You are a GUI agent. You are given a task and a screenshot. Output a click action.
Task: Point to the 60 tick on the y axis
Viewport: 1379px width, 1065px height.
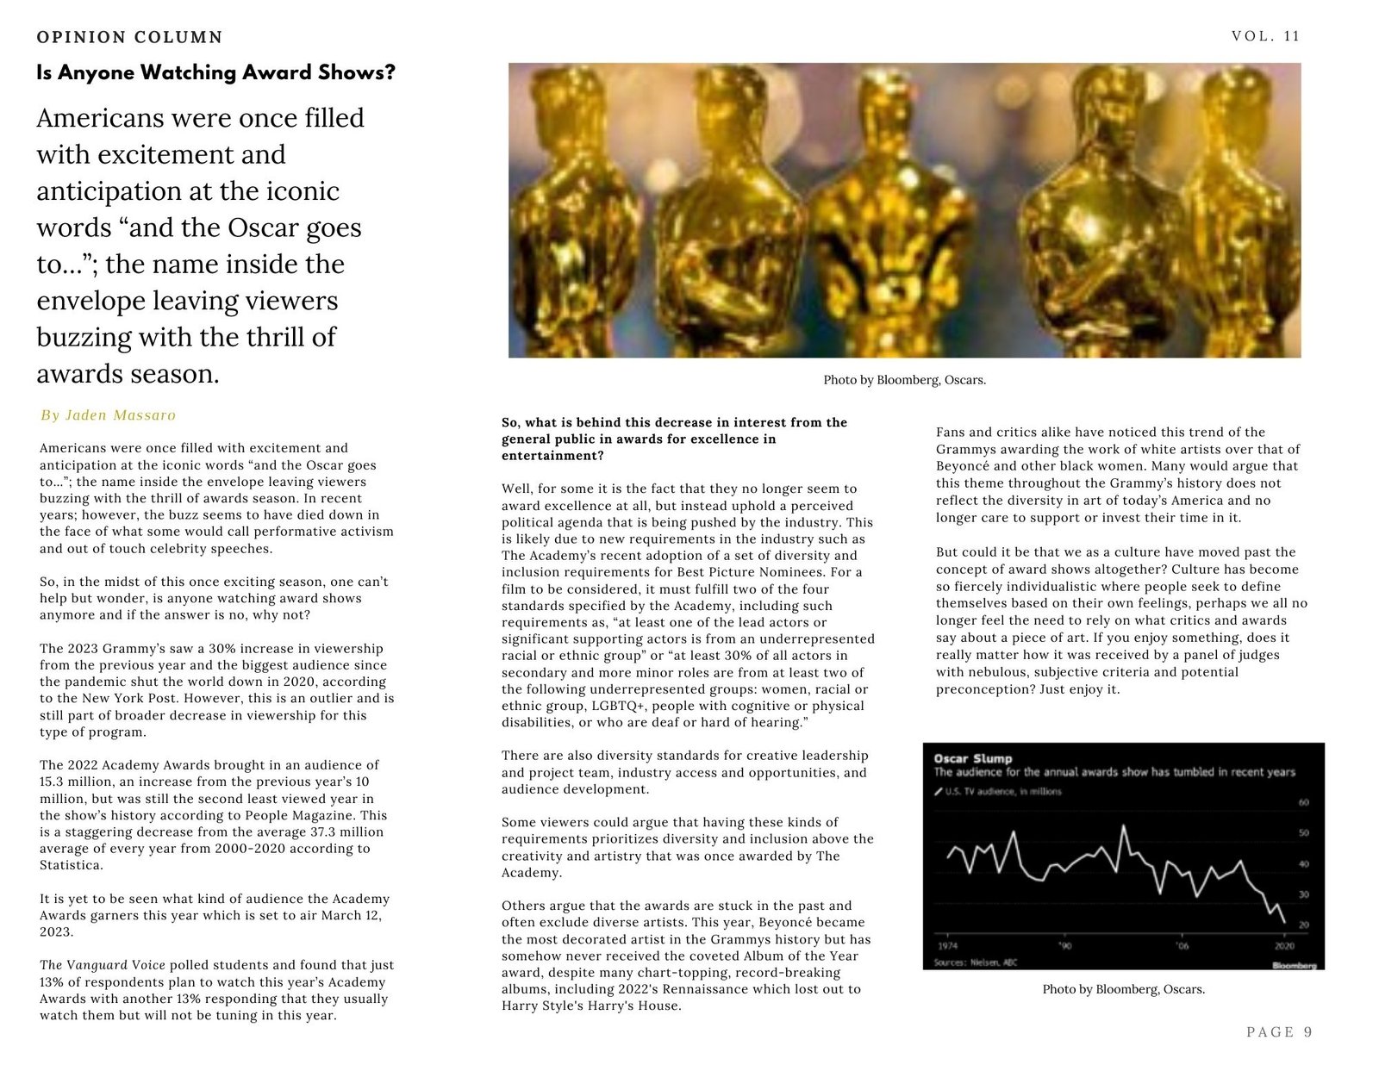[1303, 802]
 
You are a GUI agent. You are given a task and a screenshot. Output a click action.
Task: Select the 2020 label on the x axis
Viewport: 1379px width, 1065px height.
[1284, 945]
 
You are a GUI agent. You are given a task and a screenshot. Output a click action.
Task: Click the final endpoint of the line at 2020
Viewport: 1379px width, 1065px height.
[1285, 923]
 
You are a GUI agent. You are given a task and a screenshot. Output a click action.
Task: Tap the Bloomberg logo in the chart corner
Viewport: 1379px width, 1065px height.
[1294, 965]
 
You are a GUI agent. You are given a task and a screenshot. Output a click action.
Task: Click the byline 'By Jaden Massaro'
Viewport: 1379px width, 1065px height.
[108, 415]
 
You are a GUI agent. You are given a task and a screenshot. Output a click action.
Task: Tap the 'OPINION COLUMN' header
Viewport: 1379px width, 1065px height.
[129, 37]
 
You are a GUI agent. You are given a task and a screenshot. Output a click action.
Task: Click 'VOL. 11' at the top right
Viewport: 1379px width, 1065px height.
[1265, 36]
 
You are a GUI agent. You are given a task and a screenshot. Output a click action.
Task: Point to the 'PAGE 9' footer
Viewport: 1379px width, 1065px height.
[1279, 1032]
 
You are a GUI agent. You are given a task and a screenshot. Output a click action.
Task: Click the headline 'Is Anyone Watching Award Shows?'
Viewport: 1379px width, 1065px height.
[215, 72]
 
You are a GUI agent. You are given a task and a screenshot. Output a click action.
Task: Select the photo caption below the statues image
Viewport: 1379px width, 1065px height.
[904, 380]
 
